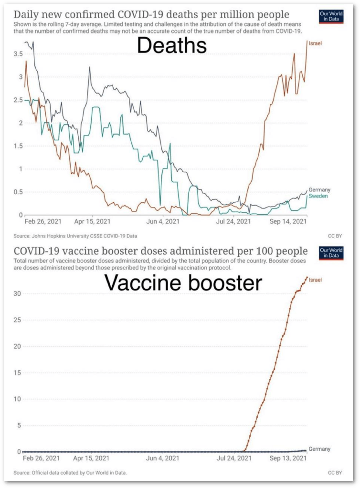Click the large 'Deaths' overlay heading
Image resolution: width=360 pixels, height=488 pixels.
pos(172,46)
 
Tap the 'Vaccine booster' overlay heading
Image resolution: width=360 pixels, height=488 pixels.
pos(183,283)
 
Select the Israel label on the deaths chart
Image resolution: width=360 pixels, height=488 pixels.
pos(316,43)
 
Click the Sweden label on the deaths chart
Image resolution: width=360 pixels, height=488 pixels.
pos(318,196)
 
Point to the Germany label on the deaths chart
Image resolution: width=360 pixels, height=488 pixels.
pos(319,190)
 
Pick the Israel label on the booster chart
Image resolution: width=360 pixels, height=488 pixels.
pos(316,279)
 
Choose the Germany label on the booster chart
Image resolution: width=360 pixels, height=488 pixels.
pos(319,449)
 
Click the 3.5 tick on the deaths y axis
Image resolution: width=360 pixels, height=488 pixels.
pos(18,54)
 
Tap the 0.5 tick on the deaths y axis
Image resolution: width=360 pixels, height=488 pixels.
pos(18,192)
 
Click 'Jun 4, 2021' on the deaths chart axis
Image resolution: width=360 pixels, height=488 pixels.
pos(163,222)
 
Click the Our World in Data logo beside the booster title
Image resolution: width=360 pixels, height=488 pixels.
pos(330,253)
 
